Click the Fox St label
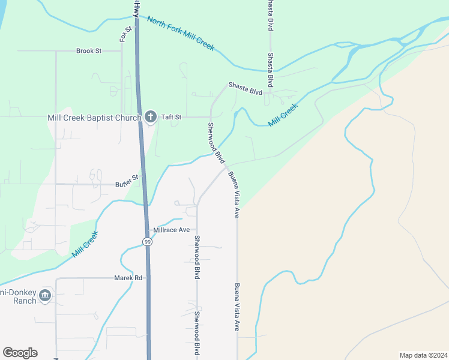click(125, 34)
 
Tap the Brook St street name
click(89, 51)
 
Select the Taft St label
click(170, 117)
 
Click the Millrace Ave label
click(171, 230)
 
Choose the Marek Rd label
click(128, 278)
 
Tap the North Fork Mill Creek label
click(181, 33)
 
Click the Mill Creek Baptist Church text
click(94, 118)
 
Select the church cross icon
click(150, 117)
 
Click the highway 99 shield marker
click(147, 241)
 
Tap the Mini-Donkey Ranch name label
click(18, 296)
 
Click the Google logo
click(20, 353)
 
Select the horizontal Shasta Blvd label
click(246, 88)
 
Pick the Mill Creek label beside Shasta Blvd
click(283, 115)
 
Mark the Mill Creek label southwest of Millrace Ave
click(85, 245)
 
